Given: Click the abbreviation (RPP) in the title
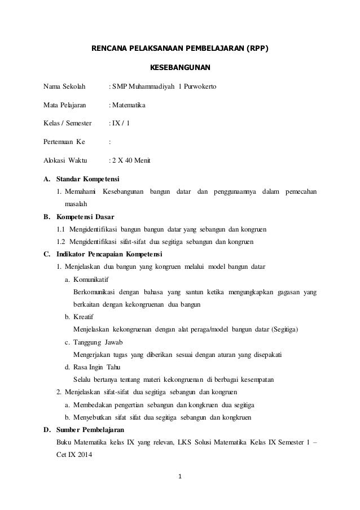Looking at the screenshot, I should (256, 48).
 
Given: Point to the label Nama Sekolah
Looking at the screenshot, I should (64, 87).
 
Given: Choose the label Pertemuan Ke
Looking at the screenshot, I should (64, 141).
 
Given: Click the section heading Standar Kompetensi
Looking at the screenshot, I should (87, 180).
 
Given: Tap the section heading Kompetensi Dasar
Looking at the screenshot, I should (85, 216).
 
